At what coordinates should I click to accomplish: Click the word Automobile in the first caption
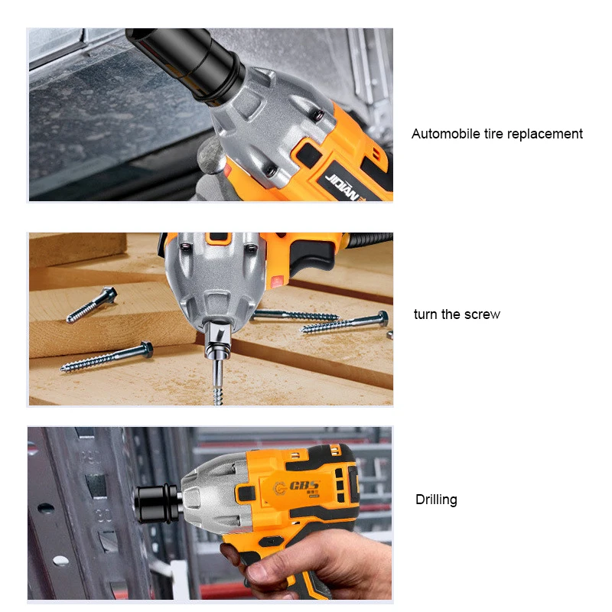click(446, 134)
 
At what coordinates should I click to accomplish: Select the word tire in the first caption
click(493, 134)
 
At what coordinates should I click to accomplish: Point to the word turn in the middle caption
click(426, 314)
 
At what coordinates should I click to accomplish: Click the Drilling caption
click(436, 500)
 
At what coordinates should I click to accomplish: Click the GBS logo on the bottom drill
click(298, 487)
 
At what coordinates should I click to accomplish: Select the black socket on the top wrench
click(187, 63)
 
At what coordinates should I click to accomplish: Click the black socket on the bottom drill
click(157, 503)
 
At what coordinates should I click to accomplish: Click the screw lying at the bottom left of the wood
click(106, 356)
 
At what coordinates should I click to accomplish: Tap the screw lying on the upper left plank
click(92, 304)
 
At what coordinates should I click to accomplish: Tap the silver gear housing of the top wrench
click(269, 125)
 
